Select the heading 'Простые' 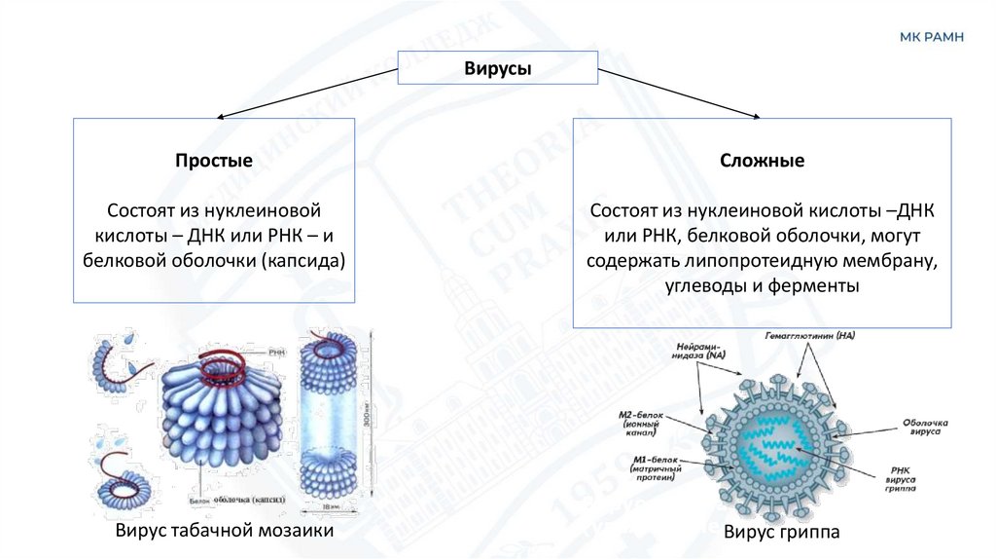(214, 162)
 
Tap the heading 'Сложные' (763, 162)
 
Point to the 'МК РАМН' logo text (931, 36)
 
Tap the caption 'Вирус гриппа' (781, 533)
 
